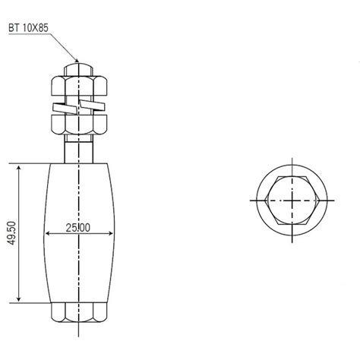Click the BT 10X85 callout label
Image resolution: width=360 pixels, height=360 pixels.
pos(28,27)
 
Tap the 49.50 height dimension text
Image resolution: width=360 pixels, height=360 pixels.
pos(11,233)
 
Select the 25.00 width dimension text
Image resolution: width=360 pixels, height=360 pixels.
pos(78,228)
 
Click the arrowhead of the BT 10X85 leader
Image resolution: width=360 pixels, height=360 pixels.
pos(76,60)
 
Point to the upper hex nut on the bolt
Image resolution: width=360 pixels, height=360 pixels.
pos(79,86)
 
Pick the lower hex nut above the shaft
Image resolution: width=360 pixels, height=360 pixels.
pos(79,125)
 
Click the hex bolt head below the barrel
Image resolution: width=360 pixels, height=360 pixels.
pos(79,312)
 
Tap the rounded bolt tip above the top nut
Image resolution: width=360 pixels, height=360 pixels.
pos(79,70)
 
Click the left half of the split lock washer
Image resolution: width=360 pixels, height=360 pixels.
pos(65,108)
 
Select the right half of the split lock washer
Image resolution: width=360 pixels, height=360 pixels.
pos(92,105)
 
